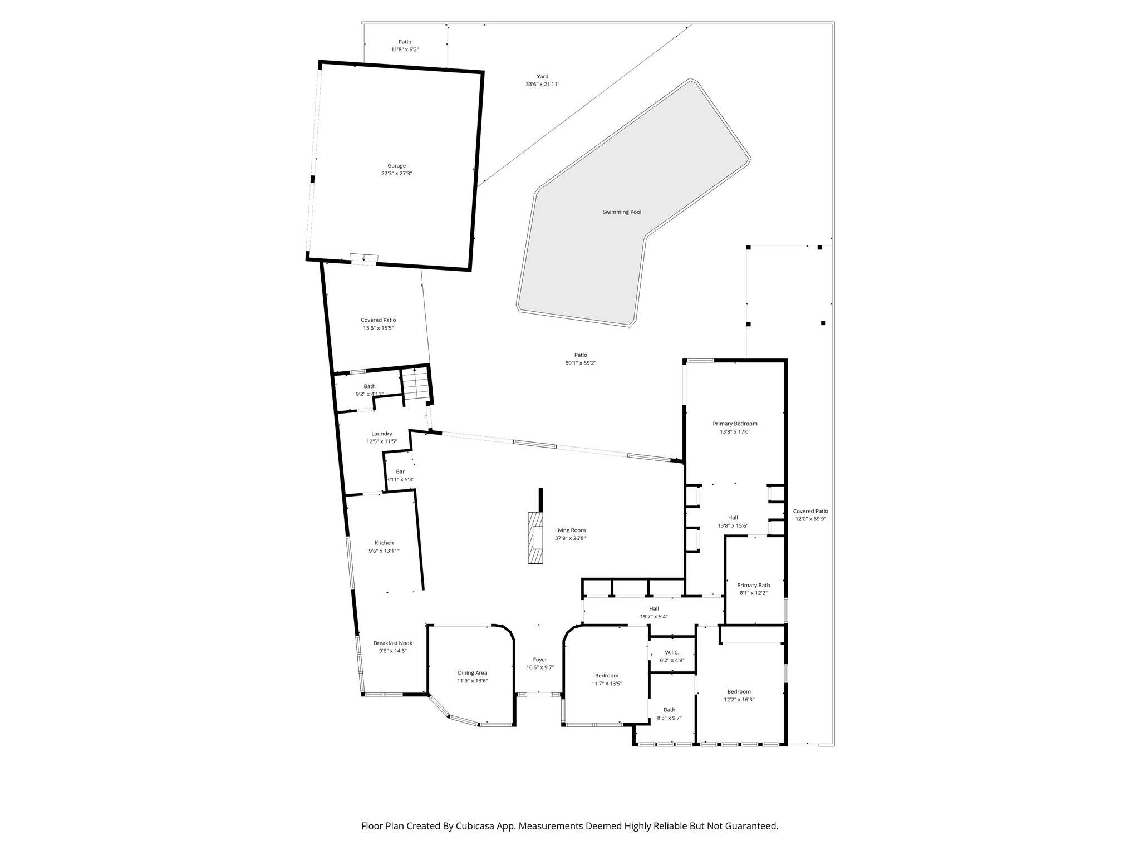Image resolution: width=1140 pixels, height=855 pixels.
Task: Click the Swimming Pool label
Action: click(622, 212)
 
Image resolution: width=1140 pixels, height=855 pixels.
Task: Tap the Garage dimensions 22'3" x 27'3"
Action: click(396, 174)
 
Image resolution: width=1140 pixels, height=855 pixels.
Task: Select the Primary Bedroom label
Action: click(735, 424)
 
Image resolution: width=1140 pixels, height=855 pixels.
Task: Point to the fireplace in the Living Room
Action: click(536, 538)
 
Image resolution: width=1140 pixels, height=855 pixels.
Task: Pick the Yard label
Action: click(542, 77)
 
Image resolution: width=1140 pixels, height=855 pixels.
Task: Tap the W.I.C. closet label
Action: click(672, 652)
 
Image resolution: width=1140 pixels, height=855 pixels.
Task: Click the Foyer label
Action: click(539, 660)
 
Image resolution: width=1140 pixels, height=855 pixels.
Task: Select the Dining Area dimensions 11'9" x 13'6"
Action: click(472, 681)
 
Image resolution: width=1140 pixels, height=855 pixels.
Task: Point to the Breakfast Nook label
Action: click(392, 643)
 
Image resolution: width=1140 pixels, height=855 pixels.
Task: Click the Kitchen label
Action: click(384, 543)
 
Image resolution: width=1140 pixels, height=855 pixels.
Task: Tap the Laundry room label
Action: click(381, 434)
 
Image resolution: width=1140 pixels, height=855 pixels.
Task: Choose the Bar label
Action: click(400, 471)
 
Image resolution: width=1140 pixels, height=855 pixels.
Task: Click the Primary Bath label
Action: click(753, 585)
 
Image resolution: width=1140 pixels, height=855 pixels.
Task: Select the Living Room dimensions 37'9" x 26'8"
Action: click(570, 538)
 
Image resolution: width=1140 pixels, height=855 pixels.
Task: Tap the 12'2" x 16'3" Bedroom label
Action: click(739, 692)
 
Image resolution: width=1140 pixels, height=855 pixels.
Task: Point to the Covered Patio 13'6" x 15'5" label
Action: click(378, 320)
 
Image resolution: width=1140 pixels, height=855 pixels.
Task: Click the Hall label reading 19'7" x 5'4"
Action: click(653, 608)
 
